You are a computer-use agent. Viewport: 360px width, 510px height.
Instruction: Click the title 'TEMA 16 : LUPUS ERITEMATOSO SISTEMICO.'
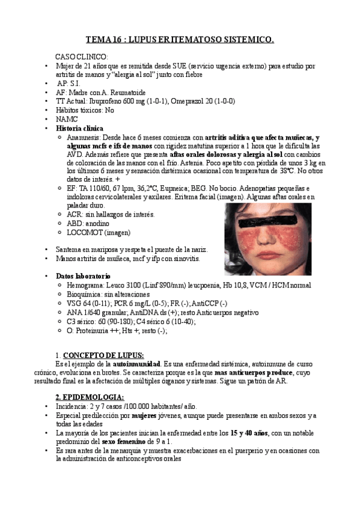180,40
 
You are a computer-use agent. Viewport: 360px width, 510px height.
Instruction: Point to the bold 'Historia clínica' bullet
79,128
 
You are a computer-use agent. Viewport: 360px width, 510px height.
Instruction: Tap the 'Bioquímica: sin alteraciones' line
108,294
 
